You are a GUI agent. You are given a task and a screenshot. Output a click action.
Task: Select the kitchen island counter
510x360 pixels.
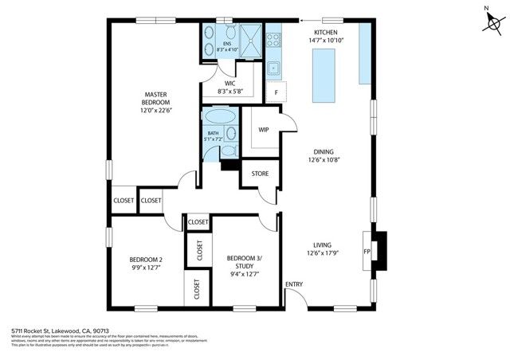[323, 76]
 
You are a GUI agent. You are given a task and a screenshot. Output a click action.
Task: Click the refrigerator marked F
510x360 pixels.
[276, 92]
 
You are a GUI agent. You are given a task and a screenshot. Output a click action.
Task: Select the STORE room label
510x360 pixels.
[261, 173]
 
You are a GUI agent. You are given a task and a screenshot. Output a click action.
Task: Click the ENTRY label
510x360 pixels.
[294, 284]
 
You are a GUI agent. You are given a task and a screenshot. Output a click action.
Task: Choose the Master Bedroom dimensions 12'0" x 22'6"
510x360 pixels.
[155, 111]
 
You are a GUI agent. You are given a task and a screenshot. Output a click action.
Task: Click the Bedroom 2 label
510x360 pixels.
[146, 259]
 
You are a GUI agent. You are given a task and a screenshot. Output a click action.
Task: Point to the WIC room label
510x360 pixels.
[229, 82]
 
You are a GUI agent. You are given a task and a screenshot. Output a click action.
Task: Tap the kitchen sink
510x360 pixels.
[273, 67]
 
